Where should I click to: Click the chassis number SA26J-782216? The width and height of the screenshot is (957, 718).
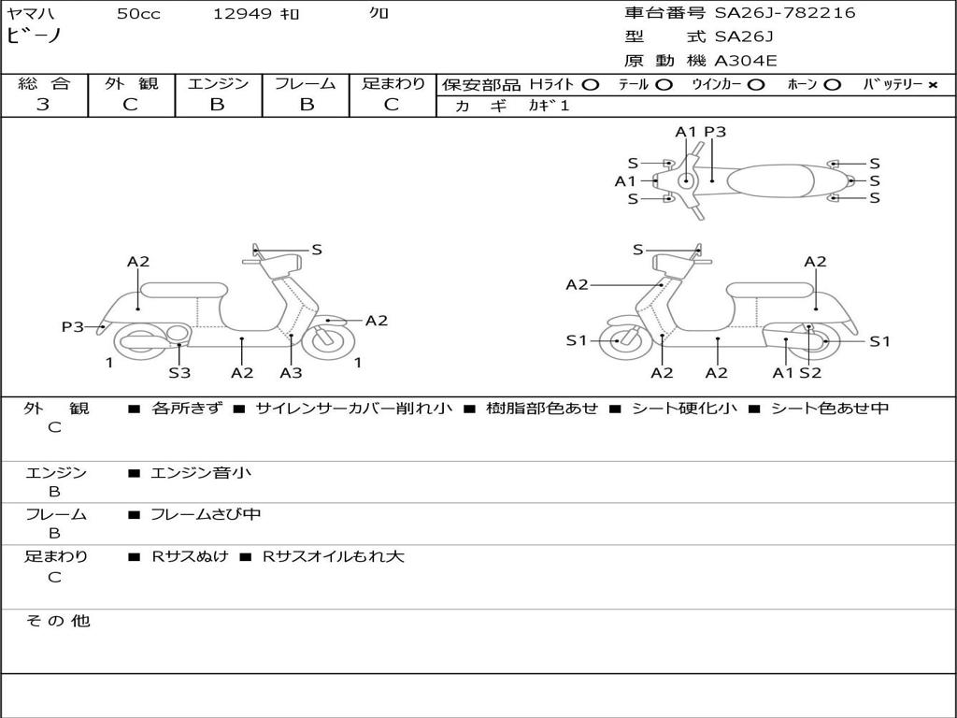pos(785,13)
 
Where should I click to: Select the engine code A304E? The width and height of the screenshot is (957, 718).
pos(745,61)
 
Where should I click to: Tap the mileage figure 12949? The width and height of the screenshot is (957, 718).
pos(242,13)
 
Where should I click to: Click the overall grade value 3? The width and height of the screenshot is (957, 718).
pos(43,105)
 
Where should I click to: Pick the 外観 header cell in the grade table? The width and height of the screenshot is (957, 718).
pos(131,83)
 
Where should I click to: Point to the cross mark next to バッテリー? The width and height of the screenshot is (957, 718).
pos(932,85)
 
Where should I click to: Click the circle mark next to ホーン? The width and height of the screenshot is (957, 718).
pos(832,85)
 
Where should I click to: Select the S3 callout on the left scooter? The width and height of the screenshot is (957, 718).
pos(179,372)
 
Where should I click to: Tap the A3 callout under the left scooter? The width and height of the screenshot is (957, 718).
pos(291,372)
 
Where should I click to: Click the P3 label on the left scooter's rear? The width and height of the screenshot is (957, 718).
pos(73,326)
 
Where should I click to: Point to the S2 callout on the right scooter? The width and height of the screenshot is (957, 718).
pos(810,372)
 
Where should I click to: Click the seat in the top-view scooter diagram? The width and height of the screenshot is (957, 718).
pos(770,180)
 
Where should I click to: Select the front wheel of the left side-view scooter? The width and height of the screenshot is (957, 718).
pos(329,342)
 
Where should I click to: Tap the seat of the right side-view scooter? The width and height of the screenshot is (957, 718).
pos(770,291)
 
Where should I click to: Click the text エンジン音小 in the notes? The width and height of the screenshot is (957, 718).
pos(200,472)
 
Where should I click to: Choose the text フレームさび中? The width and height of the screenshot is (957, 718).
pos(206,514)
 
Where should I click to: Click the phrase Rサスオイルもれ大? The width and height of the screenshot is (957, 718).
pos(334,556)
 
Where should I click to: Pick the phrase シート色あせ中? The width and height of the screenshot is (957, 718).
pos(830,408)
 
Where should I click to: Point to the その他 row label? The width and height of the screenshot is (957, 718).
pos(57,621)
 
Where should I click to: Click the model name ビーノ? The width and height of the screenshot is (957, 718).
pos(35,35)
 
